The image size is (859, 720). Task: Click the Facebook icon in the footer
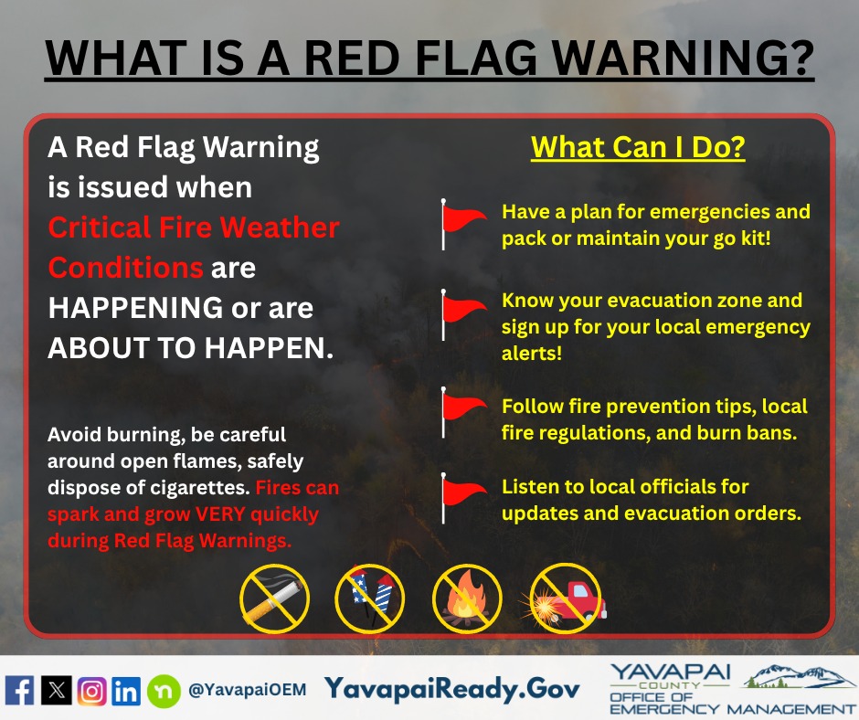click(19, 690)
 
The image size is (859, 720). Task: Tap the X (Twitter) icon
click(57, 690)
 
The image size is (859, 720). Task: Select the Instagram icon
click(91, 691)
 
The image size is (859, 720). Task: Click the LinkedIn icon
click(126, 691)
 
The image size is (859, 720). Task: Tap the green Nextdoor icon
click(164, 691)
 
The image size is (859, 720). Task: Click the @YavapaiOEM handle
click(247, 690)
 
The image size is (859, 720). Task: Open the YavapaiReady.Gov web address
click(452, 689)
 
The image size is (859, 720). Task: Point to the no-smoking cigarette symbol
click(274, 598)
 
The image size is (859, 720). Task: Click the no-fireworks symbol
click(370, 598)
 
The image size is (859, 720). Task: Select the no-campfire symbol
click(467, 598)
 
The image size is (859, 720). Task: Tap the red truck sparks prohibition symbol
click(564, 598)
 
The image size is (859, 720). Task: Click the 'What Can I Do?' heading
click(638, 147)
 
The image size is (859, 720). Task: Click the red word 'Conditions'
click(125, 268)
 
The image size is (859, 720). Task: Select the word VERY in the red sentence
click(219, 514)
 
